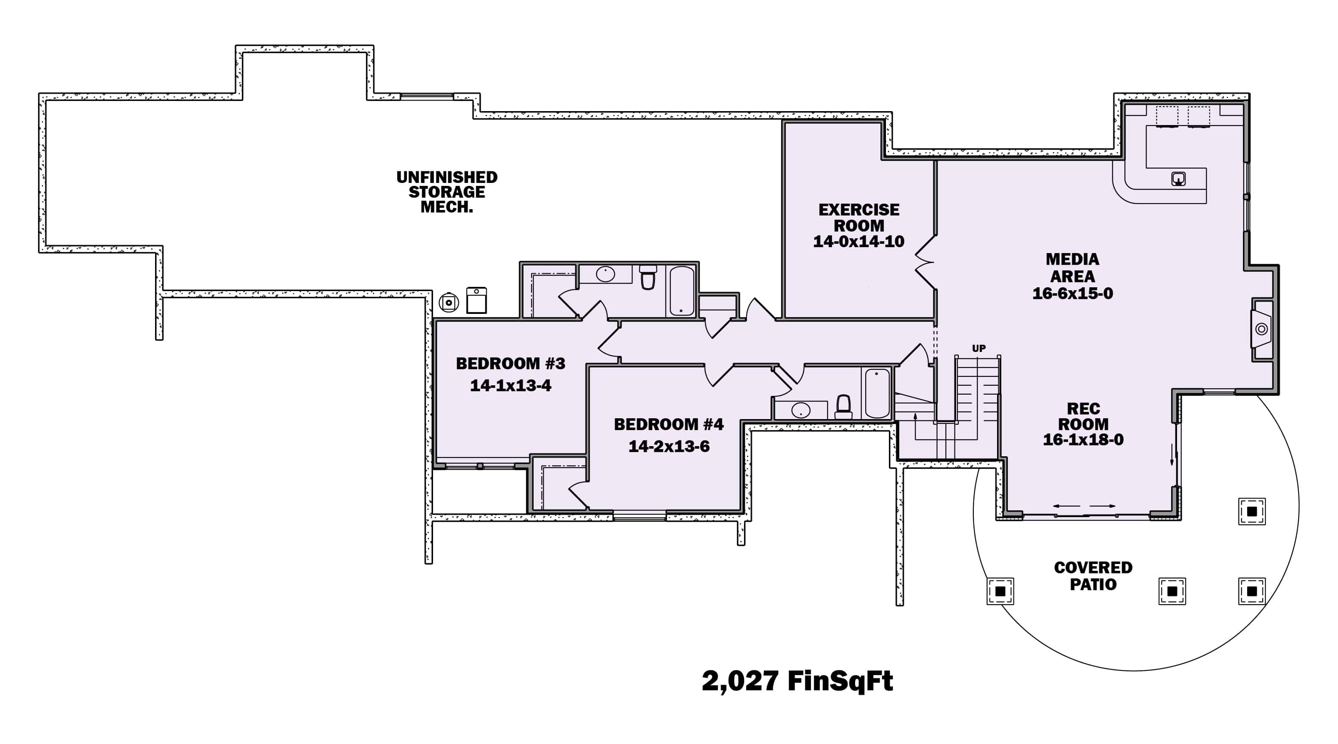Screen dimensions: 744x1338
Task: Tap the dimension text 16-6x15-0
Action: click(1072, 294)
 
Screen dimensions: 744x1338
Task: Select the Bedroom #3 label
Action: click(510, 363)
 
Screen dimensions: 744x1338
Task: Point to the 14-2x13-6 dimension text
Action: click(668, 446)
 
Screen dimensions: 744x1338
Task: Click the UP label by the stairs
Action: click(978, 348)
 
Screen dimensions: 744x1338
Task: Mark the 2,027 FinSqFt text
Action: click(797, 681)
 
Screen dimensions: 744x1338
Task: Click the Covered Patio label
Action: click(1093, 576)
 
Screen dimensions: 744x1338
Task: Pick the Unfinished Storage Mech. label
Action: click(447, 192)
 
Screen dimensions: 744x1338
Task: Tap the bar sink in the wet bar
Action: click(1178, 179)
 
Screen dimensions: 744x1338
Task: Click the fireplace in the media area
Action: click(1261, 329)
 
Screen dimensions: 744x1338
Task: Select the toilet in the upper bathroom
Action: click(648, 278)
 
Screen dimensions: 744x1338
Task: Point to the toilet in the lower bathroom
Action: click(843, 406)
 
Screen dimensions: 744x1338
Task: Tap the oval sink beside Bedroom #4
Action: click(801, 410)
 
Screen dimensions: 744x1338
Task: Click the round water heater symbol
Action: click(449, 303)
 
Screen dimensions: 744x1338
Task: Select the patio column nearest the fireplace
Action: click(1251, 511)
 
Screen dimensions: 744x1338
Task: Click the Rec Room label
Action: click(1083, 424)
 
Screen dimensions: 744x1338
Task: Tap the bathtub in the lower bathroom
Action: click(877, 393)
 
